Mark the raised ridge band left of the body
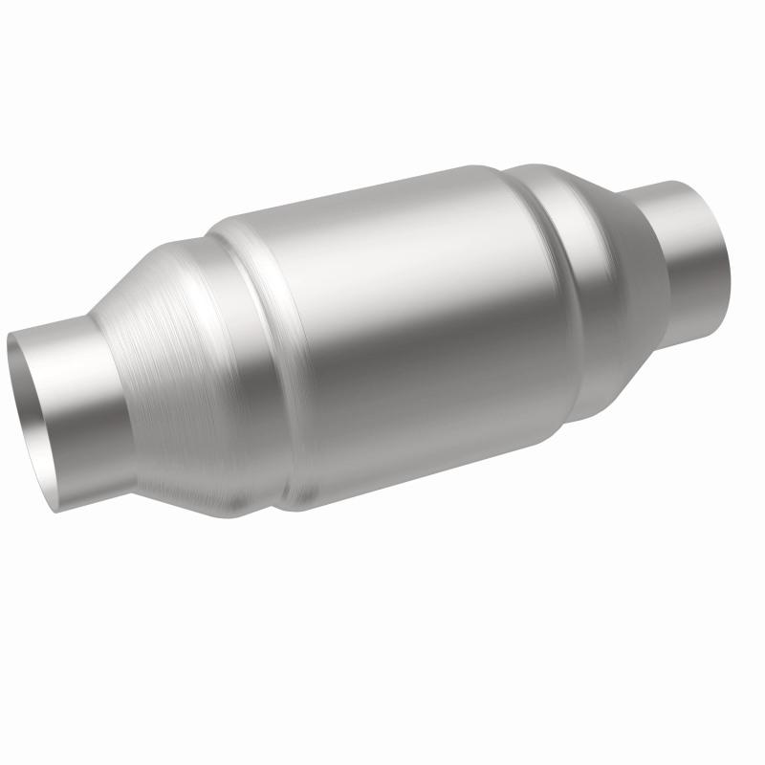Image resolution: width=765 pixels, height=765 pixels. coord(244,354)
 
